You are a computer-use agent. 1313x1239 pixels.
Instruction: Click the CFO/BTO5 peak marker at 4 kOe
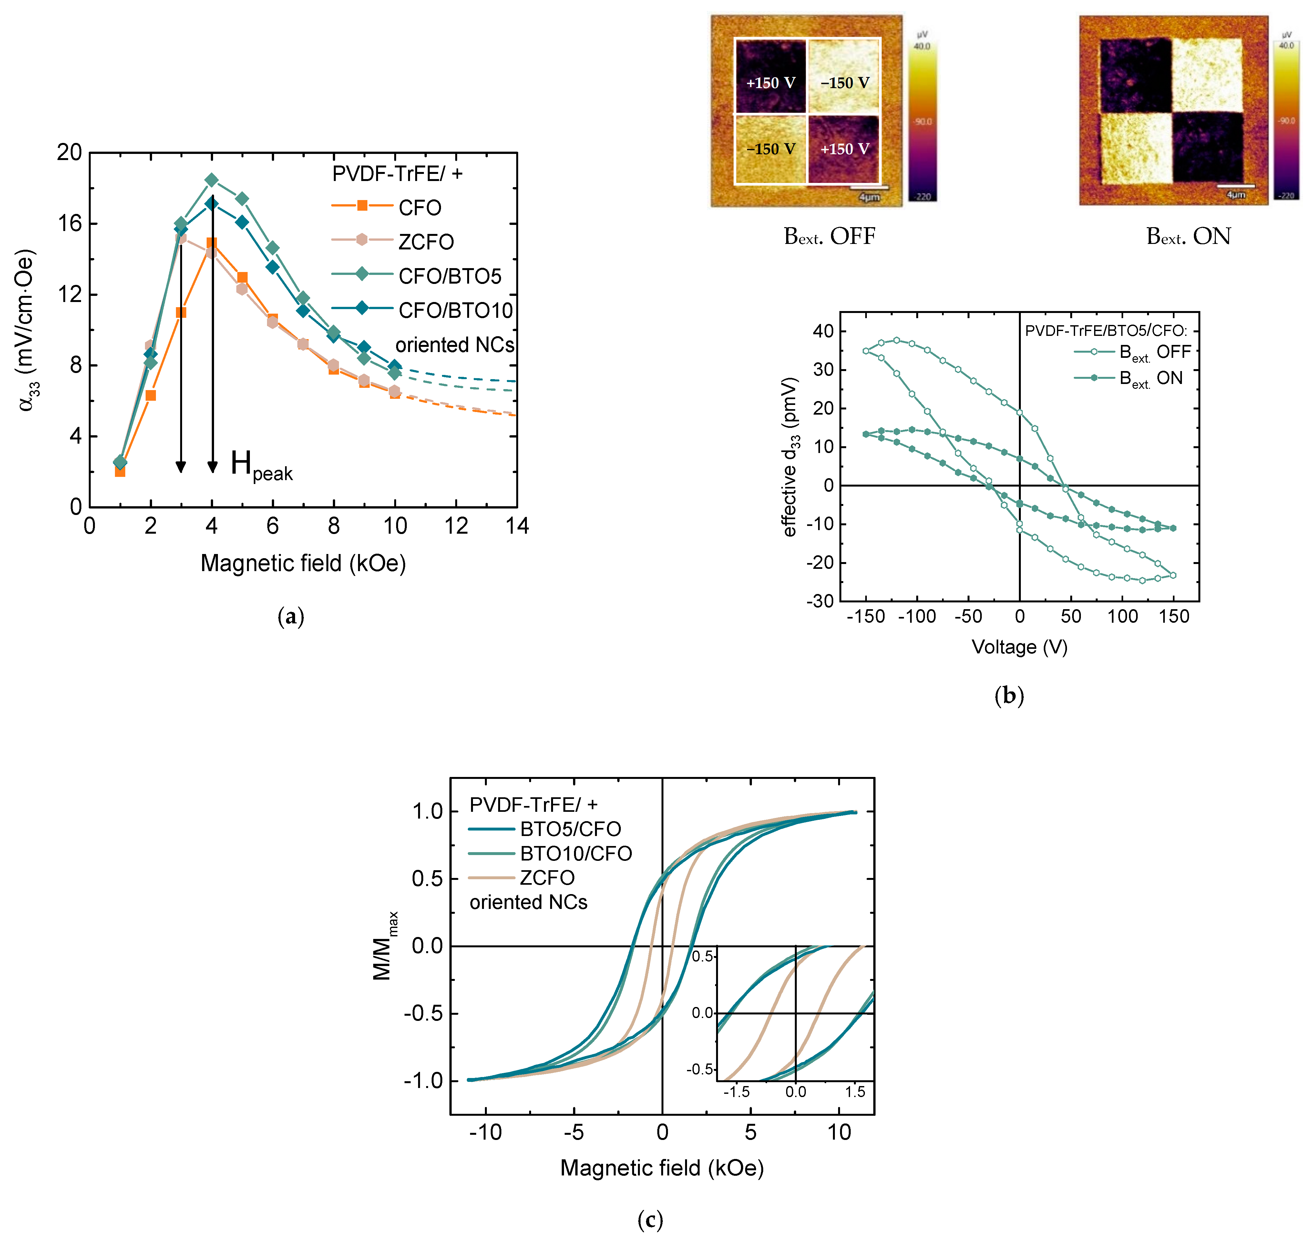pos(211,180)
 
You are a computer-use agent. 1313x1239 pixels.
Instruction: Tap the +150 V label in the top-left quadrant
pos(771,83)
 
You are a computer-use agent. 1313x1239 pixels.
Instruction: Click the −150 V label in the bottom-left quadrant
pos(771,149)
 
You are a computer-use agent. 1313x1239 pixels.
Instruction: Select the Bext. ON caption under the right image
pos(1188,237)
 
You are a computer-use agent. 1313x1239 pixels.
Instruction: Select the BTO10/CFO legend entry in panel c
pos(575,854)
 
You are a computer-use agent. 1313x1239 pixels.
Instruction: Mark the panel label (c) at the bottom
pos(650,1219)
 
